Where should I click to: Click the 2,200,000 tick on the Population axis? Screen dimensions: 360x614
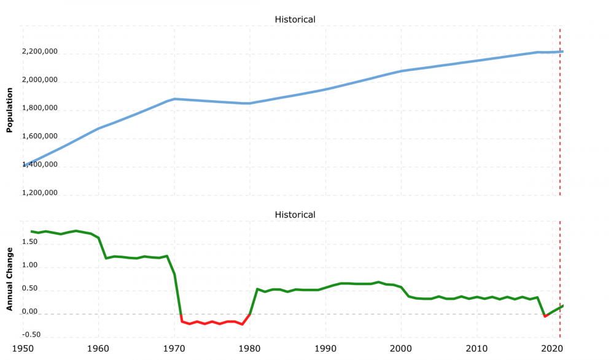pos(39,52)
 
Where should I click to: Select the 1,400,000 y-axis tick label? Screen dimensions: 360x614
pos(39,165)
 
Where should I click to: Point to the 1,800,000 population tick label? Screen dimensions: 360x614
pos(39,109)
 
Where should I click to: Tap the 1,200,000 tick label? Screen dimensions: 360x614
pos(39,193)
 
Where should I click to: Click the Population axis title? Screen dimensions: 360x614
pos(9,109)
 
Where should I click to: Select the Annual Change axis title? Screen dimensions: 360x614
pos(9,278)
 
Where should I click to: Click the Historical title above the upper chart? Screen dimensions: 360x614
pos(295,20)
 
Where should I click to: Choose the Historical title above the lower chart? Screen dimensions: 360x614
pos(295,215)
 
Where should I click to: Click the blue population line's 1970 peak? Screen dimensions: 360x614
pos(174,99)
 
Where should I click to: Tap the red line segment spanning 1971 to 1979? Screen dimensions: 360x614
pos(212,322)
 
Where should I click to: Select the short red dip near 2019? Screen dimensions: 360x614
pos(545,316)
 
